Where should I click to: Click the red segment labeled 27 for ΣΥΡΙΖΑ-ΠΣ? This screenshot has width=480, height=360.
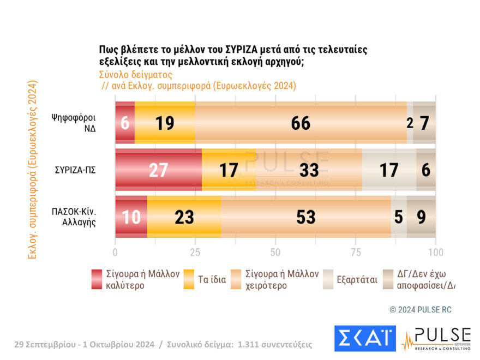pos(158,170)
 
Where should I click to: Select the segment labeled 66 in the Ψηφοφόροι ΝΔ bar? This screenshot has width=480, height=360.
pos(301,123)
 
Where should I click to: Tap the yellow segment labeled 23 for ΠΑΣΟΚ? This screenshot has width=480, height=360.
pos(184,217)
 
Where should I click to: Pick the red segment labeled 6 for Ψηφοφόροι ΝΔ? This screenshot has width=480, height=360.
pos(125,123)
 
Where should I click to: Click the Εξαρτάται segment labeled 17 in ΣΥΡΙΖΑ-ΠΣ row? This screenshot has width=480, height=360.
pos(389,170)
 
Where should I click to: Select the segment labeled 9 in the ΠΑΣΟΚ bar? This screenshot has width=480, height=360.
pos(421,217)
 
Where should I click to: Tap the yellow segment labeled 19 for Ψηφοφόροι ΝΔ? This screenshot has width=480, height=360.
pos(165,123)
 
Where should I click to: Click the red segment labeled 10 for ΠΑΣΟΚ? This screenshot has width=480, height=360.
pos(131,217)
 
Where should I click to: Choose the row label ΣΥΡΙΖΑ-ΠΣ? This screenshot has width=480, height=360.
pos(75,170)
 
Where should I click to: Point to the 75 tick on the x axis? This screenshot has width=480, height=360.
pos(355,253)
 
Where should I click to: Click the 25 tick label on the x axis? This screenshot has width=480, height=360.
pos(195,253)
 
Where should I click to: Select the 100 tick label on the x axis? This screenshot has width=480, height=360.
pos(435,253)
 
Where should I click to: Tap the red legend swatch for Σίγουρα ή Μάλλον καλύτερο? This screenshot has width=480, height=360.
pos(97,280)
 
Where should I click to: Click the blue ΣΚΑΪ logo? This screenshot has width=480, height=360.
pos(364,338)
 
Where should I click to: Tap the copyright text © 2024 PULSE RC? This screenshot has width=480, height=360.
pos(421,310)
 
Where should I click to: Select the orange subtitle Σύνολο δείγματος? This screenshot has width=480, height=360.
pos(136,75)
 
